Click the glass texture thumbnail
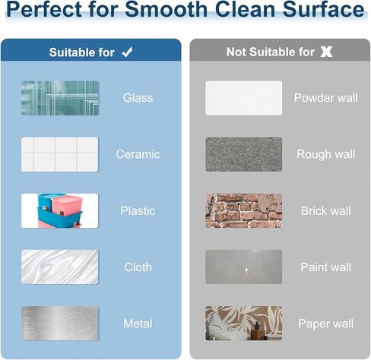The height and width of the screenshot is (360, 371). click(60, 98)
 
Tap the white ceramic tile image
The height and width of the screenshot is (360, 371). click(60, 154)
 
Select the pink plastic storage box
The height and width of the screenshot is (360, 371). click(67, 205)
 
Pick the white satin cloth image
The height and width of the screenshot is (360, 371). click(60, 267)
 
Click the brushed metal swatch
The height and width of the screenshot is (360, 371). click(60, 324)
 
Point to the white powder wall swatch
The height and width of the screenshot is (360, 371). click(244, 98)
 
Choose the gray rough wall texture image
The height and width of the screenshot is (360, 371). click(244, 154)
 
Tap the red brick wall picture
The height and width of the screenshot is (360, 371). click(244, 211)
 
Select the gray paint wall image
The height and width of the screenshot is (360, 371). click(244, 267)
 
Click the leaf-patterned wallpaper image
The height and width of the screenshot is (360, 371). click(244, 323)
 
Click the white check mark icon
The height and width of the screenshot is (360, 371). click(127, 52)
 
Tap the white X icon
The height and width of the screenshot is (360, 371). click(326, 52)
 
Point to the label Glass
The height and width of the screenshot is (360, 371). click(138, 98)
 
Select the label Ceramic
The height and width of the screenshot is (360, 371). click(138, 154)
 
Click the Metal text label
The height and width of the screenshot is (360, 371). click(138, 324)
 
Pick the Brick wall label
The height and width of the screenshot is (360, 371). click(326, 211)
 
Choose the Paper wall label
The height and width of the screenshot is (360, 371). click(326, 324)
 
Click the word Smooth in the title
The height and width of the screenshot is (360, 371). click(166, 9)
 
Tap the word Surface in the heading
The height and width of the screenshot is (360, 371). click(323, 9)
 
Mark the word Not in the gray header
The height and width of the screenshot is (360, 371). click(236, 52)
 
